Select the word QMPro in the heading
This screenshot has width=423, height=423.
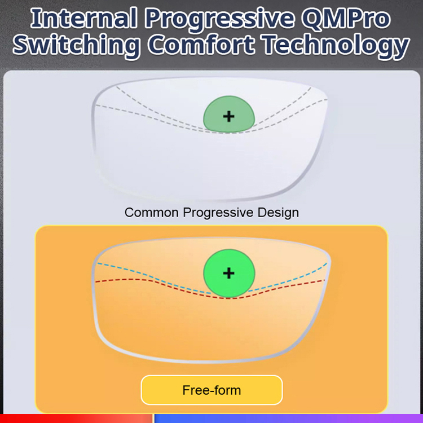click(x=346, y=19)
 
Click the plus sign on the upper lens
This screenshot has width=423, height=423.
click(x=228, y=116)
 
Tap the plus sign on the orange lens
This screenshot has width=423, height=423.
click(x=228, y=274)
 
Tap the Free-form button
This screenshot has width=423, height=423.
click(x=211, y=390)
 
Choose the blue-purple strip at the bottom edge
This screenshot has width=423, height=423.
click(x=288, y=418)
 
